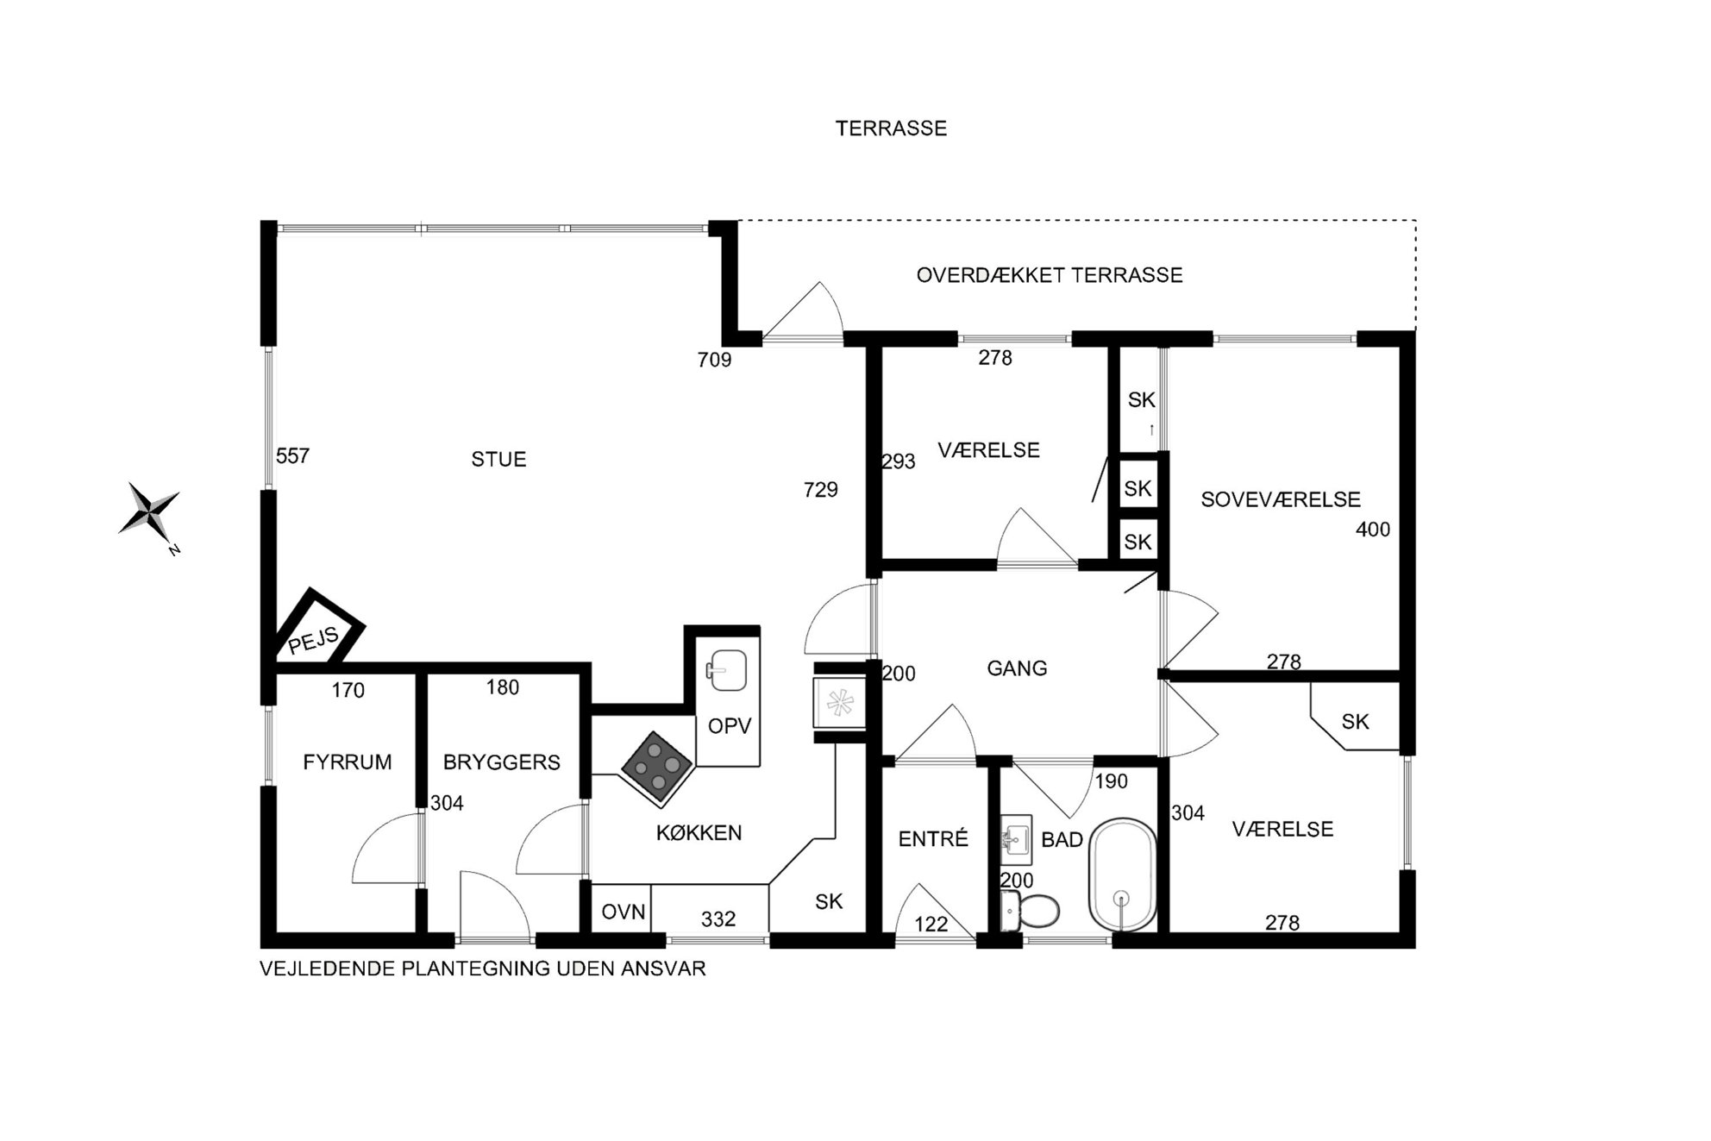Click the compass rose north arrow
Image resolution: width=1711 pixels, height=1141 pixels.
pyautogui.click(x=150, y=514)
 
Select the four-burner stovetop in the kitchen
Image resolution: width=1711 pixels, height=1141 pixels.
pyautogui.click(x=658, y=768)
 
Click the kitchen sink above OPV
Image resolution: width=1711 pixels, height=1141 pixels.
pyautogui.click(x=727, y=670)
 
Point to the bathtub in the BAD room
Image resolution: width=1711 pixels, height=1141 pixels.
pyautogui.click(x=1122, y=875)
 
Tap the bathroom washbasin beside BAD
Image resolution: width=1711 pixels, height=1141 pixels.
pyautogui.click(x=1017, y=839)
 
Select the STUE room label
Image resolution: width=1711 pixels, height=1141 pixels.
pyautogui.click(x=498, y=460)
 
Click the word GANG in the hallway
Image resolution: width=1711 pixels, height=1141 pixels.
pyautogui.click(x=1017, y=668)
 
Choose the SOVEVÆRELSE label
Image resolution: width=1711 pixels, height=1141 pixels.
pyautogui.click(x=1281, y=499)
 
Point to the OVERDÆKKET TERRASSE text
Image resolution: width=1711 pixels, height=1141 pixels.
pyautogui.click(x=1050, y=275)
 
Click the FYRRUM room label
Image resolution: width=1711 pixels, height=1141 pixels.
pyautogui.click(x=348, y=762)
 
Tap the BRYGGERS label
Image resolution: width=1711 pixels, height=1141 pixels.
pyautogui.click(x=502, y=762)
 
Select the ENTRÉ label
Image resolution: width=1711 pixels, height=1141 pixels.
pyautogui.click(x=933, y=839)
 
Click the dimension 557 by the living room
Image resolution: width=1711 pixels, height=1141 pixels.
pyautogui.click(x=292, y=456)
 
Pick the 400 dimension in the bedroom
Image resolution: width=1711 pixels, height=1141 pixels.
pyautogui.click(x=1373, y=530)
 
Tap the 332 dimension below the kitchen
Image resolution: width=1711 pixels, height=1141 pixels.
pyautogui.click(x=718, y=919)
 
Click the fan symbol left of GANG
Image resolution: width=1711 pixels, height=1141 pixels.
pyautogui.click(x=840, y=703)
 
